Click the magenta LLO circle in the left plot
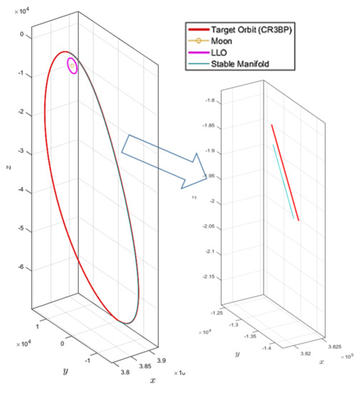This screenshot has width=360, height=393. pyautogui.click(x=72, y=66)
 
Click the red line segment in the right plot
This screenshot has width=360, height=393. pyautogui.click(x=285, y=172)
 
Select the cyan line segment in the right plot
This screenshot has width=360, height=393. pyautogui.click(x=284, y=181)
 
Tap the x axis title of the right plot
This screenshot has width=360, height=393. pyautogui.click(x=321, y=362)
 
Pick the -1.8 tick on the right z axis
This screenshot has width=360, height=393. pyautogui.click(x=209, y=101)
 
